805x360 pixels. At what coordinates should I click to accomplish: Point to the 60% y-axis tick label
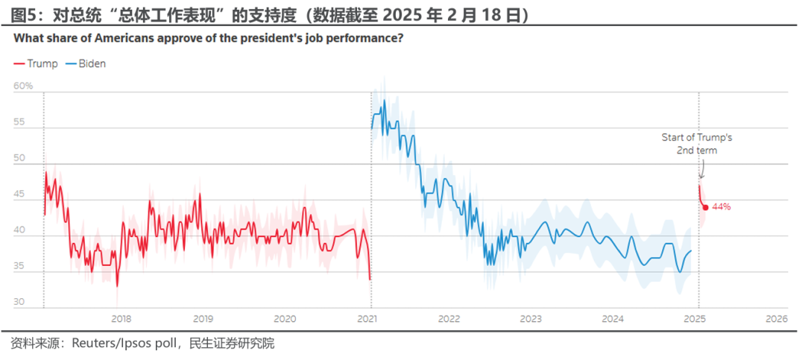[23, 86]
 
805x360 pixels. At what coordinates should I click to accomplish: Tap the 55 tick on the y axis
[19, 123]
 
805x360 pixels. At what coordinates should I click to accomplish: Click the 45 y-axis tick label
[19, 195]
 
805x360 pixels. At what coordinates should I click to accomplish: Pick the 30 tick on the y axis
[19, 303]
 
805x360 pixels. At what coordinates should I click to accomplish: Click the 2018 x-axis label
[121, 319]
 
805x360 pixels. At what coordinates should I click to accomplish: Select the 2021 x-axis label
[367, 319]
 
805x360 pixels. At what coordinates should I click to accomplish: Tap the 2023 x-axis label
[531, 319]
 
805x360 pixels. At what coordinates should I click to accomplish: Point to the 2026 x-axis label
[777, 319]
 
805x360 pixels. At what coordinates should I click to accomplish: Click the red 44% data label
[722, 206]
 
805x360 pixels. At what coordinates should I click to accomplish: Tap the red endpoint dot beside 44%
[705, 207]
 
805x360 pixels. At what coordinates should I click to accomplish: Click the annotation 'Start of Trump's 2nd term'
[698, 144]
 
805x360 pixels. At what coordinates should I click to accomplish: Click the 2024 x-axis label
[613, 319]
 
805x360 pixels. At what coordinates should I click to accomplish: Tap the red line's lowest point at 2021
[370, 280]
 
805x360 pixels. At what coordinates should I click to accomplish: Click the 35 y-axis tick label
[19, 267]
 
